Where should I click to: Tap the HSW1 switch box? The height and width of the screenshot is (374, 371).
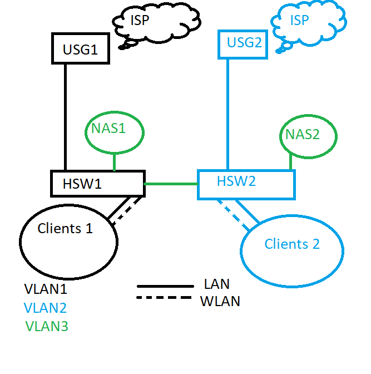pyautogui.click(x=97, y=183)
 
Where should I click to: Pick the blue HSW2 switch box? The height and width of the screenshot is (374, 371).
pyautogui.click(x=246, y=184)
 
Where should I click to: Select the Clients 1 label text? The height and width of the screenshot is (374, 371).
pyautogui.click(x=65, y=228)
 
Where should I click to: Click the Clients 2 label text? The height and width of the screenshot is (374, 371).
pyautogui.click(x=292, y=244)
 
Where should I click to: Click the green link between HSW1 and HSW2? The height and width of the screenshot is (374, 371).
pyautogui.click(x=171, y=183)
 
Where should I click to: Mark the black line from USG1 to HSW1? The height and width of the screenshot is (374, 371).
pyautogui.click(x=66, y=117)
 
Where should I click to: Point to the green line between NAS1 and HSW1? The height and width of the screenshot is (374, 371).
pyautogui.click(x=114, y=163)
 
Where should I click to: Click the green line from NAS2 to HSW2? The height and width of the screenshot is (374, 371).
pyautogui.click(x=290, y=162)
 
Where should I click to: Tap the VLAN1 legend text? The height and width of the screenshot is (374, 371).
pyautogui.click(x=46, y=289)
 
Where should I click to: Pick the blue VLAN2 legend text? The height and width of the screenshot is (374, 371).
pyautogui.click(x=46, y=308)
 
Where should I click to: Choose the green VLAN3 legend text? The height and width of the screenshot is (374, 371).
pyautogui.click(x=47, y=326)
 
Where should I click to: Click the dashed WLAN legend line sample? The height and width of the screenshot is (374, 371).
pyautogui.click(x=164, y=298)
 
